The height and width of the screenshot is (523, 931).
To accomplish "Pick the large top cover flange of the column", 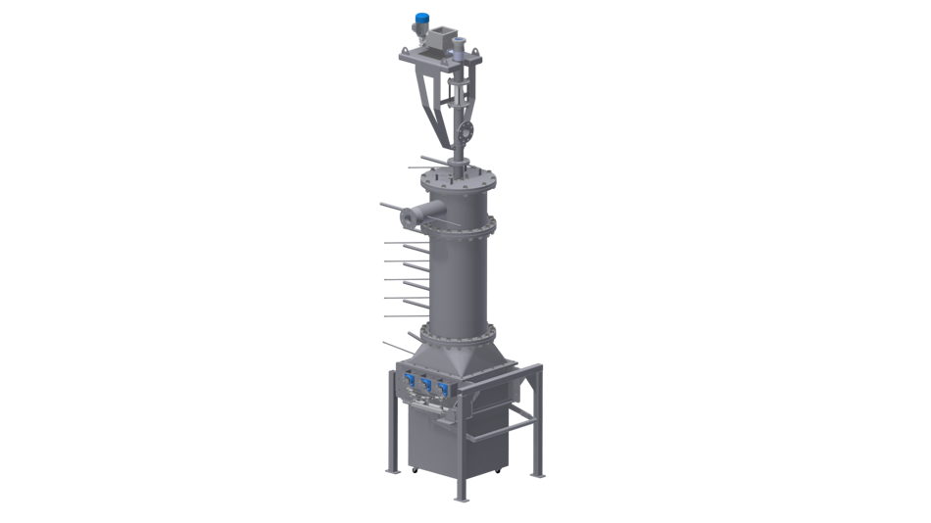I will pos(455,181).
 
